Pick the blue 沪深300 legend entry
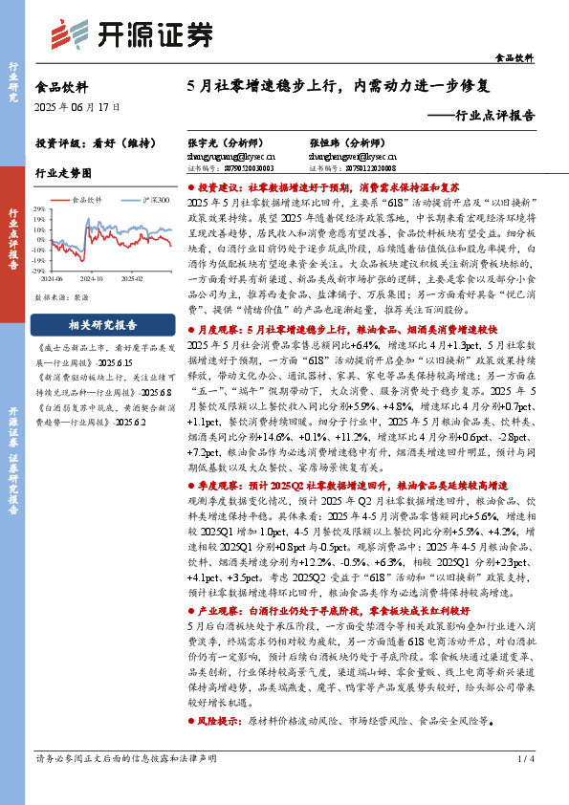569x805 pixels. (x=150, y=200)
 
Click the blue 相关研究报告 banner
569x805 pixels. (x=102, y=325)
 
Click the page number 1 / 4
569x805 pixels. (x=523, y=785)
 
